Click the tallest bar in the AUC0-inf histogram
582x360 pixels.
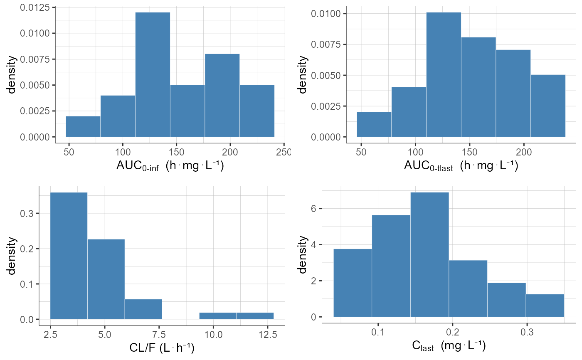[x=153, y=75]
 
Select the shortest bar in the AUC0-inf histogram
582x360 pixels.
[x=83, y=126]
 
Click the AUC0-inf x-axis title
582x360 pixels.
[x=170, y=166]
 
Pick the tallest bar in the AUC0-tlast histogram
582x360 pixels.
[x=444, y=75]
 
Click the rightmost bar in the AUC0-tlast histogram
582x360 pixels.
[x=548, y=106]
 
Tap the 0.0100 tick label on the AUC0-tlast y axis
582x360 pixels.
[x=327, y=14]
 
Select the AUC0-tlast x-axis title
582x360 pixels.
[x=461, y=166]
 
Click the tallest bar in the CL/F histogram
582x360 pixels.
[x=69, y=256]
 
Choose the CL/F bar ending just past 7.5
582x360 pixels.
[x=143, y=309]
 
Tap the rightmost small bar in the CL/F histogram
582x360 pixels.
[x=255, y=316]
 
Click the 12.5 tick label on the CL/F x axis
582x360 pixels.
[x=267, y=334]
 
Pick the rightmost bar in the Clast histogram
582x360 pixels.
[x=545, y=306]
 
